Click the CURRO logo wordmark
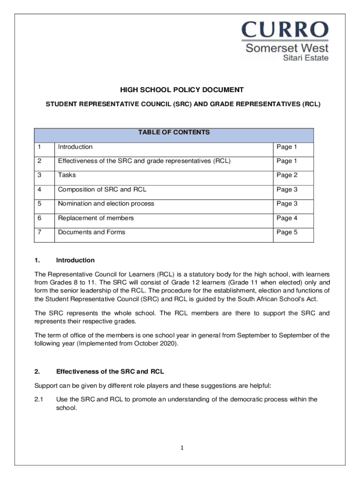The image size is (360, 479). pyautogui.click(x=285, y=31)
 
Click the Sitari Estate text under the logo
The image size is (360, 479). pyautogui.click(x=307, y=58)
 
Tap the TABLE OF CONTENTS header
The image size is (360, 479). pyautogui.click(x=174, y=132)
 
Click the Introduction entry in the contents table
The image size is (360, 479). pyautogui.click(x=75, y=147)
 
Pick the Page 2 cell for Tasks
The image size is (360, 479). pyautogui.click(x=287, y=175)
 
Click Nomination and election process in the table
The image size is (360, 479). pyautogui.click(x=106, y=203)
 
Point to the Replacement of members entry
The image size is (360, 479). pyautogui.click(x=96, y=218)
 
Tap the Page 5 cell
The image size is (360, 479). pyautogui.click(x=287, y=232)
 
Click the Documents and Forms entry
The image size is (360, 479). pyautogui.click(x=92, y=232)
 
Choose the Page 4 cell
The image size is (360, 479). pyautogui.click(x=287, y=218)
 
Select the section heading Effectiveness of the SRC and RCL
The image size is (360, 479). pyautogui.click(x=110, y=372)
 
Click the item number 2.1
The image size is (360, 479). pyautogui.click(x=39, y=399)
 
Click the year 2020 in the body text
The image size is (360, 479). pyautogui.click(x=168, y=343)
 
